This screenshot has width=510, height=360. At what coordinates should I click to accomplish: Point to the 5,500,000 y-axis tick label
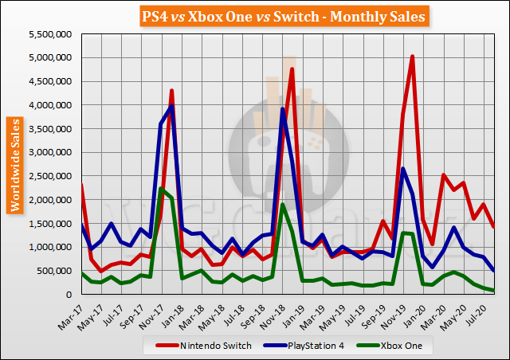tap(49, 34)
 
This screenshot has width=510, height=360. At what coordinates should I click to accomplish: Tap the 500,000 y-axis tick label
tap(54, 271)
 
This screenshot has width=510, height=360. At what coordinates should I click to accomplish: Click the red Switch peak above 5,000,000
tap(412, 57)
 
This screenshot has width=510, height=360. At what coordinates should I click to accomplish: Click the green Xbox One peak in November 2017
tap(162, 189)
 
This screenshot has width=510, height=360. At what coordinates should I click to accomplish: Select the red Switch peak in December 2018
tap(292, 69)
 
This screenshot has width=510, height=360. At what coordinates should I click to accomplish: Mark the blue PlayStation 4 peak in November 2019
tap(402, 169)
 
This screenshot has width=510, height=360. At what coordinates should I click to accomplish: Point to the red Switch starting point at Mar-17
tap(81, 185)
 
